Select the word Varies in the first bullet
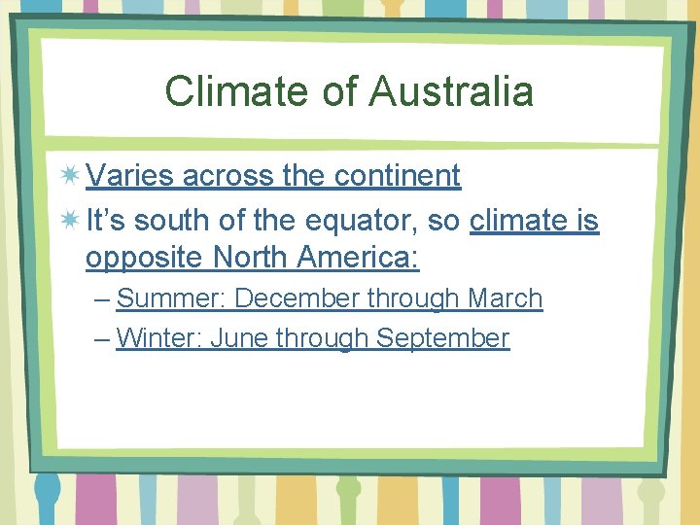[129, 176]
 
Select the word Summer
[170, 298]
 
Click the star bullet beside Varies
[69, 176]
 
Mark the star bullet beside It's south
[69, 221]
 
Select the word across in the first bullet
[227, 176]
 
